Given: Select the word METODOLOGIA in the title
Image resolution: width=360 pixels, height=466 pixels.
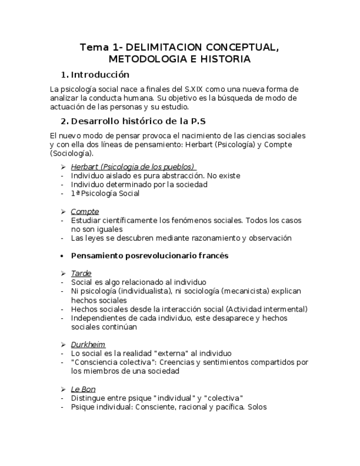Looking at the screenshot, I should [141, 59].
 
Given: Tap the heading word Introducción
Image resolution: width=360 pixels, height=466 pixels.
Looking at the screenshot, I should [100, 75].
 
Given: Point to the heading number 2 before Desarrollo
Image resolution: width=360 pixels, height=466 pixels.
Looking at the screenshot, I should [63, 121].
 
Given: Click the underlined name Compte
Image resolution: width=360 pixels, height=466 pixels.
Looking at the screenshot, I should [85, 212].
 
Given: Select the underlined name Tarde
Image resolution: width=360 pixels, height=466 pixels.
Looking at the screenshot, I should [81, 274].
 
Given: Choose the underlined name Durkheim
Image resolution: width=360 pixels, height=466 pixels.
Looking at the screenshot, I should [88, 345].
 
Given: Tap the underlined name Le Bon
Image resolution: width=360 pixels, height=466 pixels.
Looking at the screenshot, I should [83, 390].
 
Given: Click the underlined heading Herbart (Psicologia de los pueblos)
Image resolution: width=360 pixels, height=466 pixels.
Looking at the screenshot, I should [132, 167].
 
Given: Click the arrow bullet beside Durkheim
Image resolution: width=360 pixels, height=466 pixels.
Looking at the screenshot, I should [63, 345].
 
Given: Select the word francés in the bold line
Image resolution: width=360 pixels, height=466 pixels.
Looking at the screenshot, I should [214, 256].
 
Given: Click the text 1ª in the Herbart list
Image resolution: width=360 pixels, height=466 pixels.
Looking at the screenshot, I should [75, 193].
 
